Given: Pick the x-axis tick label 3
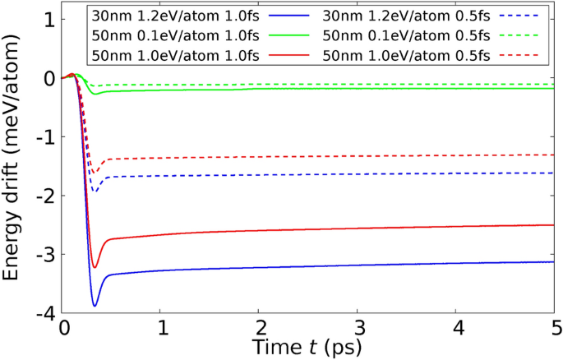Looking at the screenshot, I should [x=358, y=328].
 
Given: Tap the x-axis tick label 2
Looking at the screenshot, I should [x=260, y=328].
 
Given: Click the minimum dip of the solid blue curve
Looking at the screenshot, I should [x=95, y=306].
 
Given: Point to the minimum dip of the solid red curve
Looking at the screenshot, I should [x=95, y=267].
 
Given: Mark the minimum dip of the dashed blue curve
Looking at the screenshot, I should [x=95, y=192].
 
